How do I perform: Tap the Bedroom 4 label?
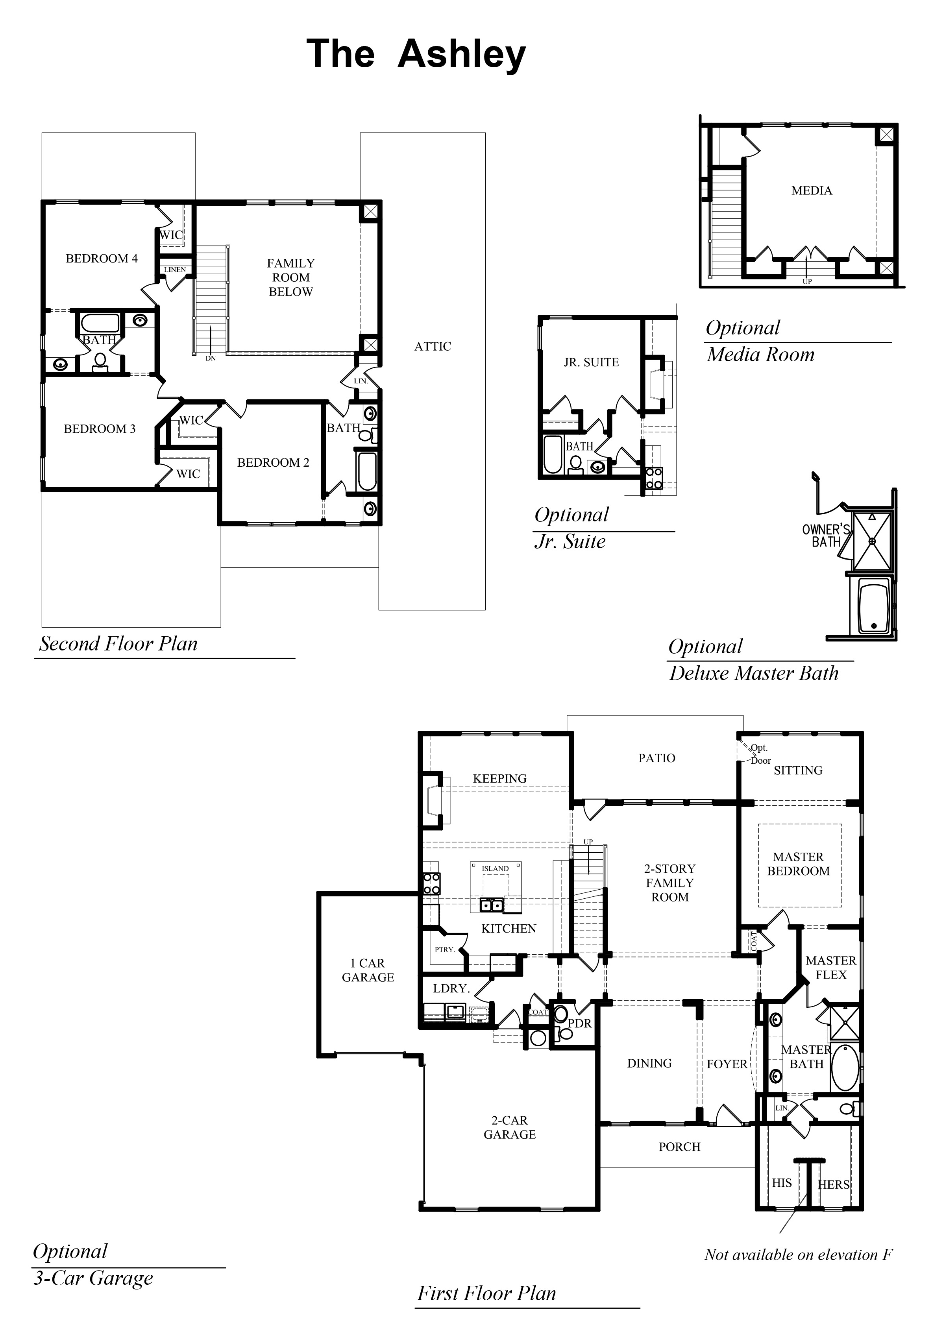[102, 259]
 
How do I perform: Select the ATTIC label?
[432, 346]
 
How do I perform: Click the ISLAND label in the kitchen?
[495, 868]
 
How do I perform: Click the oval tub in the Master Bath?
[845, 1067]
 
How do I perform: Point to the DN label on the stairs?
[210, 358]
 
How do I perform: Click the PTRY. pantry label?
[444, 949]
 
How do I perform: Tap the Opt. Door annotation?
[759, 754]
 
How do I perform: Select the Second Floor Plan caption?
[118, 644]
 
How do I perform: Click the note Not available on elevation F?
[798, 1255]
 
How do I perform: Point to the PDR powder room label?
[579, 1023]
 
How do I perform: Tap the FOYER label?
[727, 1064]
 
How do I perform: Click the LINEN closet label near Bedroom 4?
[174, 270]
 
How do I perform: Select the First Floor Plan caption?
[486, 1293]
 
